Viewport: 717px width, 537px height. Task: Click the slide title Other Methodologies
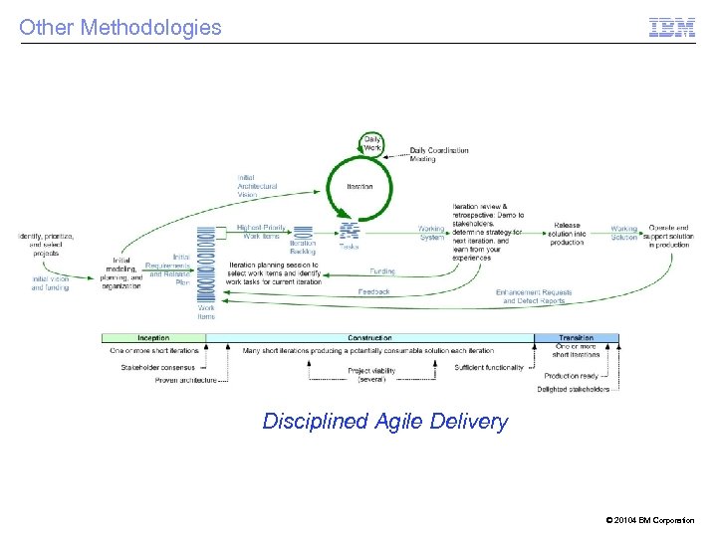click(120, 27)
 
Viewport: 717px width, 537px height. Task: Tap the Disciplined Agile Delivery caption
click(384, 422)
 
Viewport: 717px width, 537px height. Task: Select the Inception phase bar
click(153, 338)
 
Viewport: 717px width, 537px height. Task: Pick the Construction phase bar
click(368, 338)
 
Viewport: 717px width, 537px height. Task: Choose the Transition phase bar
click(576, 338)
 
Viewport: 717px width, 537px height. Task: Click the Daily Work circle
click(371, 143)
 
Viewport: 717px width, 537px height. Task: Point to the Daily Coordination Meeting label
click(438, 154)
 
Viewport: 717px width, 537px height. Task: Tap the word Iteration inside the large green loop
click(359, 187)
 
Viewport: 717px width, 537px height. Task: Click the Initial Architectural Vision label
click(257, 186)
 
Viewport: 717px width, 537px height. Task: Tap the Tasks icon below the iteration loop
click(349, 233)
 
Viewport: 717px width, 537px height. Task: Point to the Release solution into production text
click(566, 234)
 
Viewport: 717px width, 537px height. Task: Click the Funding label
click(382, 271)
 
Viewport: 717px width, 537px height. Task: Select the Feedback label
click(374, 291)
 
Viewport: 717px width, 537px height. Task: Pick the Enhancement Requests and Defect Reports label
click(534, 296)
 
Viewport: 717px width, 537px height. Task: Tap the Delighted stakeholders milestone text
click(573, 389)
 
